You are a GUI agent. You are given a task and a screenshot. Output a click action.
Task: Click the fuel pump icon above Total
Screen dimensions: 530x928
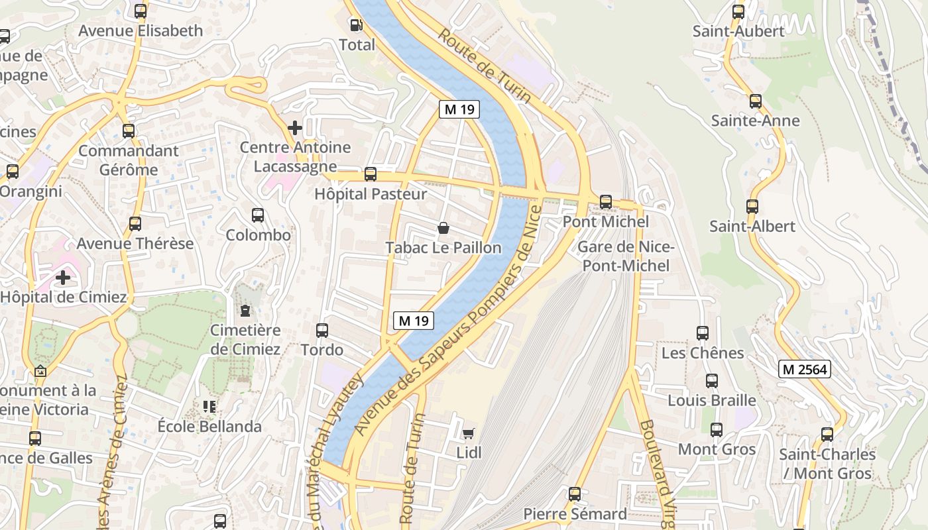[357, 25]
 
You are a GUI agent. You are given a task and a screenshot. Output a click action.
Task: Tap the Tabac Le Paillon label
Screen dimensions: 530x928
[443, 248]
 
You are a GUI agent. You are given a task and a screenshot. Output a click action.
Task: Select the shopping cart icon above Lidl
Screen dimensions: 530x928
[469, 433]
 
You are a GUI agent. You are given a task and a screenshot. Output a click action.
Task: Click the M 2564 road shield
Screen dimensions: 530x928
[805, 370]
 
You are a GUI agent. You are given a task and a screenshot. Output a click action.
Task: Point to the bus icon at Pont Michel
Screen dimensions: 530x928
[605, 201]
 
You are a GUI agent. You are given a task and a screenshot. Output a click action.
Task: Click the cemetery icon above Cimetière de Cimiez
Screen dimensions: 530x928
[245, 310]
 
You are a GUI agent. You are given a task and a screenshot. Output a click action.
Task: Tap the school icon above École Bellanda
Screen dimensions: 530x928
[209, 407]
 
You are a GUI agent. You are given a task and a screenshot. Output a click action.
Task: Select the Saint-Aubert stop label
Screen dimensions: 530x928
[738, 31]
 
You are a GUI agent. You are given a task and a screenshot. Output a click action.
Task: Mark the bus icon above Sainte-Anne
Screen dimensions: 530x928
[755, 101]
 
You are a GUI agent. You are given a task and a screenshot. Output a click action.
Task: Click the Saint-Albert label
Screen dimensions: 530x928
[752, 226]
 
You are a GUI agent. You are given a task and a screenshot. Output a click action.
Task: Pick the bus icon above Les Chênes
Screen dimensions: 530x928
[703, 333]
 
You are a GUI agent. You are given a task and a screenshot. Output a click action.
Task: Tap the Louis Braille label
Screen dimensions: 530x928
[711, 400]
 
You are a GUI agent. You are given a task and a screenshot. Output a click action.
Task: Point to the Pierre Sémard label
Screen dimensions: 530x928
[575, 514]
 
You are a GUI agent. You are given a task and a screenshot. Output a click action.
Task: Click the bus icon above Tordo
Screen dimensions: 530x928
[322, 330]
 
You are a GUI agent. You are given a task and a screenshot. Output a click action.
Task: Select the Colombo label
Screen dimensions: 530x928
[258, 235]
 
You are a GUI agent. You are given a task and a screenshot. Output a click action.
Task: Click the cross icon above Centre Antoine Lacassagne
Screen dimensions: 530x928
[295, 127]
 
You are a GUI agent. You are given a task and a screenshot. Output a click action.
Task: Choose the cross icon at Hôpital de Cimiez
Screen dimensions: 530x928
[63, 277]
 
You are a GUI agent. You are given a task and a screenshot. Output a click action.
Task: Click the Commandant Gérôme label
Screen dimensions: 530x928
[129, 160]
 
